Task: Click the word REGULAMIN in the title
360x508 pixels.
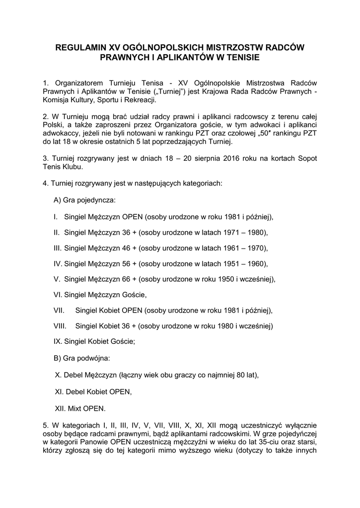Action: [x=81, y=48]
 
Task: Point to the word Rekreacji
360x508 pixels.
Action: [x=140, y=100]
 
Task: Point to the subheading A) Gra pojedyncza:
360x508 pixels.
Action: [x=84, y=200]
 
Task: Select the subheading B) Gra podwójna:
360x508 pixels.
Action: [x=82, y=357]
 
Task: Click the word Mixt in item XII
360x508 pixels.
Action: [x=73, y=408]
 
